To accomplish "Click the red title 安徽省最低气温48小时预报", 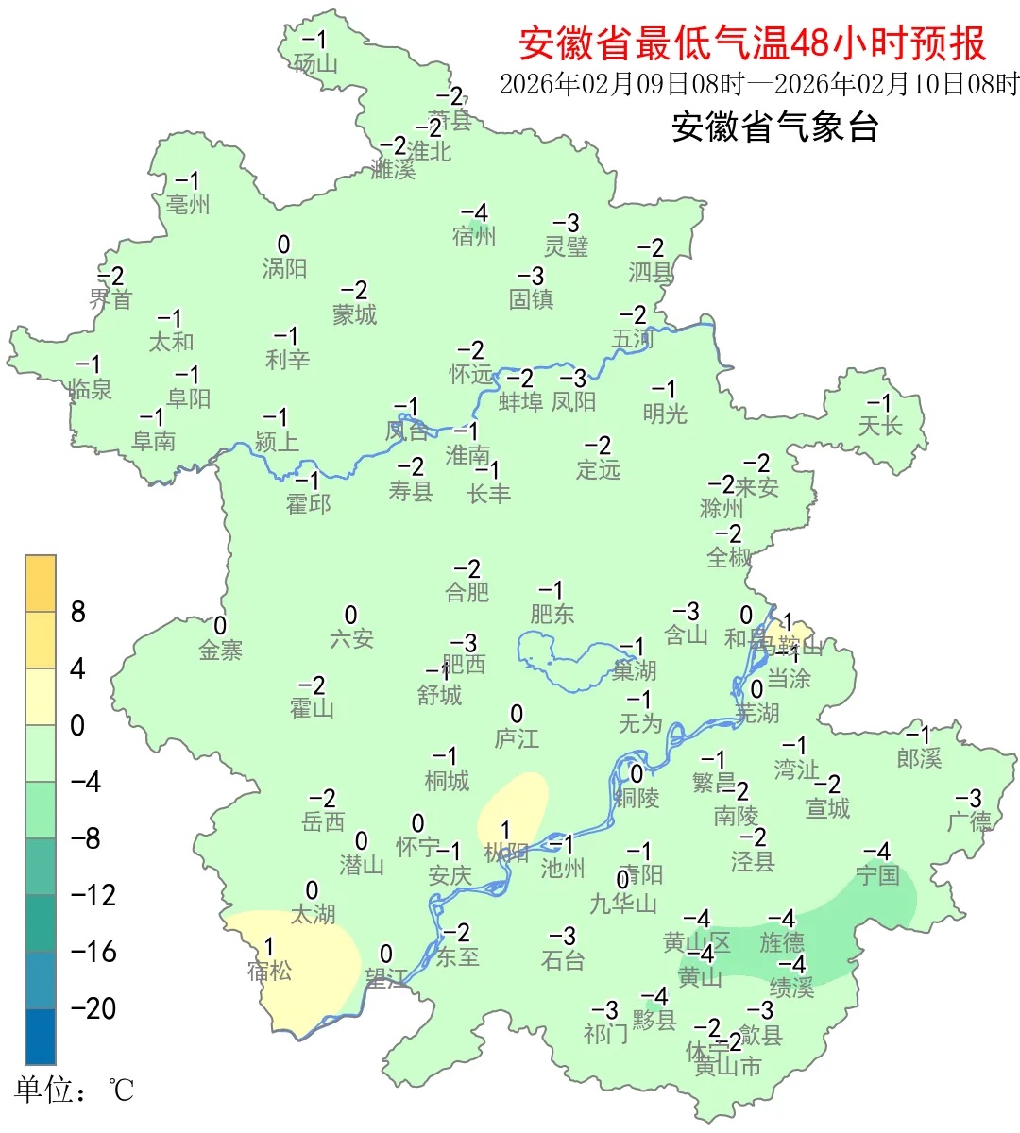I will (x=752, y=43).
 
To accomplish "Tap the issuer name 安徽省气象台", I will (x=775, y=127).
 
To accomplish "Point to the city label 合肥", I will (x=467, y=592).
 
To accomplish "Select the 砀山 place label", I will (x=315, y=64).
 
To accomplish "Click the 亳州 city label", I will (x=188, y=204).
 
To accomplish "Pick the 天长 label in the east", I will (x=880, y=426).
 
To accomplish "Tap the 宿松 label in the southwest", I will (x=269, y=970).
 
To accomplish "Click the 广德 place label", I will (x=970, y=821).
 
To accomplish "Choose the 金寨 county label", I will (x=221, y=650).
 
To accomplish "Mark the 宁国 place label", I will (x=877, y=875).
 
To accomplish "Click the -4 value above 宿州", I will (x=474, y=213).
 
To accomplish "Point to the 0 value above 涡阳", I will (x=283, y=245).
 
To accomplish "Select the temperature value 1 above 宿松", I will (x=269, y=946).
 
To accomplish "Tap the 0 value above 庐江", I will (x=517, y=714).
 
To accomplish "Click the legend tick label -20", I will (x=93, y=1008).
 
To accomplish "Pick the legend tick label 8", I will (x=78, y=613).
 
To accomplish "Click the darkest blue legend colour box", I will (x=41, y=1036).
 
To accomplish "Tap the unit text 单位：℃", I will (x=75, y=1091).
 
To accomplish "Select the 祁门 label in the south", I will (x=605, y=1034).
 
